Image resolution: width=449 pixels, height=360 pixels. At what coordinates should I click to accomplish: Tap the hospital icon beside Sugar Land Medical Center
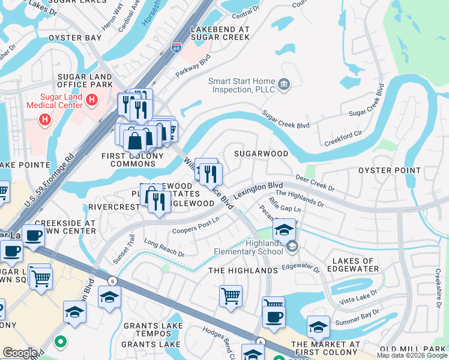tap(92, 100)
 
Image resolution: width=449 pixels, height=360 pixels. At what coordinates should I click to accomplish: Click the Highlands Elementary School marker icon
tap(292, 247)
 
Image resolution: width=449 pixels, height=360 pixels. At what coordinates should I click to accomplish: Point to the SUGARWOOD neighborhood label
tap(261, 154)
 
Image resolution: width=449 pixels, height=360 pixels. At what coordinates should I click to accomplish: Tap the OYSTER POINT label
tap(390, 170)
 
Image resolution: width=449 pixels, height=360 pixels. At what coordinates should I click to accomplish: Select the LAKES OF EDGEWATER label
tap(354, 265)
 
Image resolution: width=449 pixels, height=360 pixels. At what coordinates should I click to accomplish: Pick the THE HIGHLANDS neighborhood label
tap(243, 271)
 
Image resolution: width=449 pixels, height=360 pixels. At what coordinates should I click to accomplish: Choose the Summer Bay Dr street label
tap(357, 315)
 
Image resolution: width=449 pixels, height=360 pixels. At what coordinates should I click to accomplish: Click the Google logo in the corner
tap(20, 352)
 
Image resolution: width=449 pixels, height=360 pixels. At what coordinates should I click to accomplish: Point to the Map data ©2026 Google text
tap(412, 355)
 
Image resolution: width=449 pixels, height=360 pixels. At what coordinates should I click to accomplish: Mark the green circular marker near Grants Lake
tap(59, 343)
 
